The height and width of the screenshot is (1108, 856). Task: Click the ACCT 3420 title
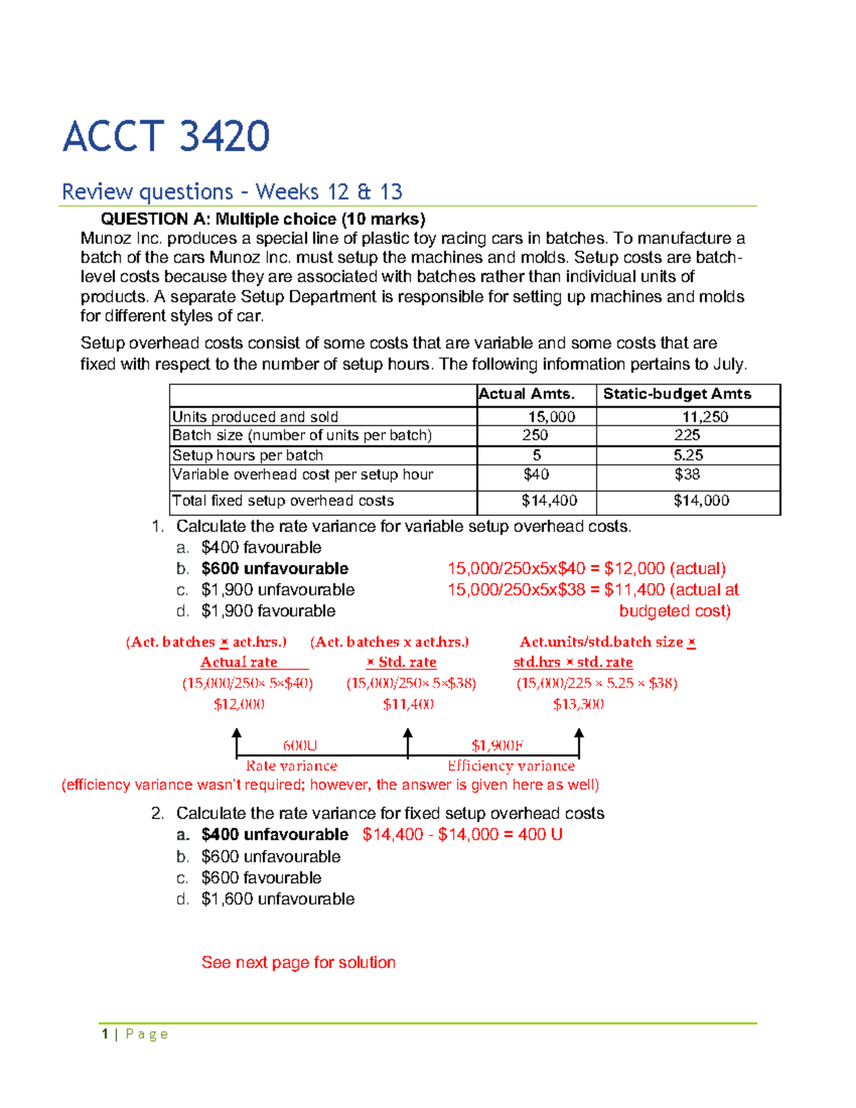click(165, 136)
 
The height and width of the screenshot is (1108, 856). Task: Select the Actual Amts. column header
click(526, 394)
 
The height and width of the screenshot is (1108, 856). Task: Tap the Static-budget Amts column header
click(677, 394)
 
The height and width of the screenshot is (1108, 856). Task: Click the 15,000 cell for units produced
click(551, 417)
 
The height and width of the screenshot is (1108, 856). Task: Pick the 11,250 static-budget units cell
click(705, 417)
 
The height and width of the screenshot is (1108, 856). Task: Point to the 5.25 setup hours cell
click(688, 455)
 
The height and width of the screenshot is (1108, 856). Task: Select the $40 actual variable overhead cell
click(536, 474)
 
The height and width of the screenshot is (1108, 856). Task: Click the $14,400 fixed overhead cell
click(549, 501)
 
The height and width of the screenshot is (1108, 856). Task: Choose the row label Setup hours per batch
click(248, 455)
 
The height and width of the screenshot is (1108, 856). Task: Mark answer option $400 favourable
click(261, 547)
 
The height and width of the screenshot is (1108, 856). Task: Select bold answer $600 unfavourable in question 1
click(275, 569)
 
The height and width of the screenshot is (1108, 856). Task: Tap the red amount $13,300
click(579, 704)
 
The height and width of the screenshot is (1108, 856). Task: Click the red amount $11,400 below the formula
click(408, 704)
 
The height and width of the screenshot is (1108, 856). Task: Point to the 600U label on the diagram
click(300, 746)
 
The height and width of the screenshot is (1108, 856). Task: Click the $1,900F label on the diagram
click(496, 746)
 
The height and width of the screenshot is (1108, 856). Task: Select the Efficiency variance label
click(511, 766)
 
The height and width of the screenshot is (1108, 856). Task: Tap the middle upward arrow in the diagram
click(408, 742)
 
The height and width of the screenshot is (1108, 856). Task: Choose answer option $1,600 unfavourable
click(277, 899)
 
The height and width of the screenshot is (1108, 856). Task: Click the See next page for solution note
click(298, 962)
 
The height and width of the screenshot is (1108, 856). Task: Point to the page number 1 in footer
click(105, 1034)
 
